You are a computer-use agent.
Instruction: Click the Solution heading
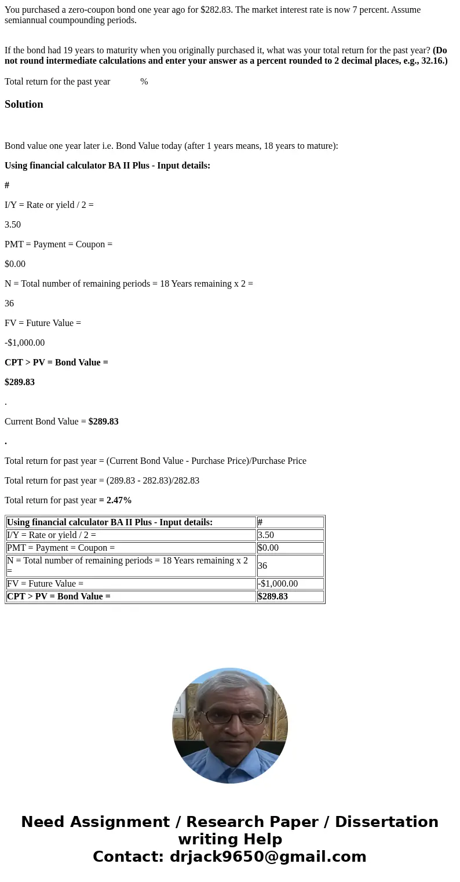tap(24, 104)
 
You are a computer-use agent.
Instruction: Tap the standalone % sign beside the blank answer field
tap(144, 82)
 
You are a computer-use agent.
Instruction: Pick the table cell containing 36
tap(290, 566)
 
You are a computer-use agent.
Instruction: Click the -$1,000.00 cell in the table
tap(290, 584)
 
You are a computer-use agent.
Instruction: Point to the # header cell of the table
tap(290, 522)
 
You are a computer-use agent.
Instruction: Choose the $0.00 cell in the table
tap(290, 548)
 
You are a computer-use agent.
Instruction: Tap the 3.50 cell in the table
tap(290, 535)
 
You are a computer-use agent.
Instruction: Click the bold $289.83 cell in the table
tap(290, 596)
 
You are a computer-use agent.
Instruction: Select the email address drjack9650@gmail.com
tap(268, 857)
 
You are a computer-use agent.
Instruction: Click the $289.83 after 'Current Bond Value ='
tap(103, 422)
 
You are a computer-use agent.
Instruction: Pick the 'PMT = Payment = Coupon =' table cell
tap(131, 548)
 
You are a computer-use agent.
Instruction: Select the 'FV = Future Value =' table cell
tap(131, 584)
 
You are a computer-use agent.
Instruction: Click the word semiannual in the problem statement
tap(26, 20)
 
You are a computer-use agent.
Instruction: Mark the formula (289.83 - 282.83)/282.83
tap(153, 481)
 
